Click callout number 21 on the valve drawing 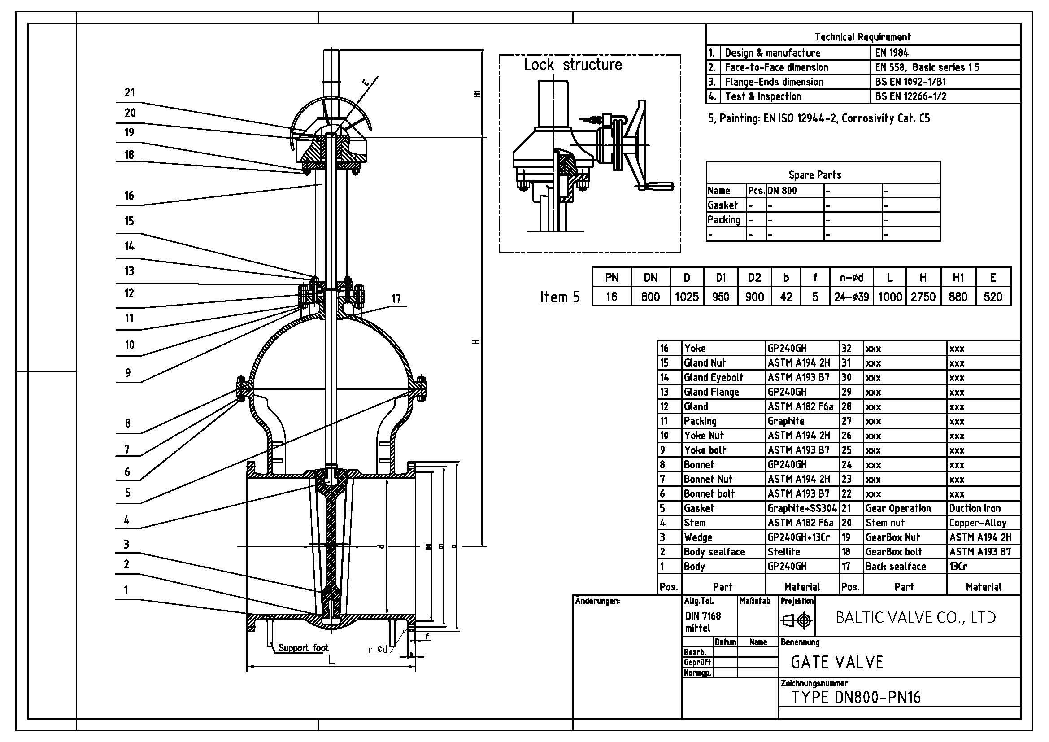click(130, 93)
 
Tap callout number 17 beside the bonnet click(396, 299)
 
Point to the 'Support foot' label click(303, 648)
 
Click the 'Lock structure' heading click(572, 65)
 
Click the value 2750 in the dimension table click(923, 297)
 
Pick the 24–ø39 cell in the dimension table click(851, 297)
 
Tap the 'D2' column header click(754, 278)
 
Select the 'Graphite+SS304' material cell click(802, 508)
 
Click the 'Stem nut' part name click(884, 523)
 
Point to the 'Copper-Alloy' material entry click(977, 523)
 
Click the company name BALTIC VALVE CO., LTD click(916, 618)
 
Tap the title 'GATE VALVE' click(837, 662)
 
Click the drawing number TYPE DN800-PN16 click(856, 697)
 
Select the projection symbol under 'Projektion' click(797, 620)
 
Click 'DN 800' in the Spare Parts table click(782, 191)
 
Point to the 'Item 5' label click(560, 297)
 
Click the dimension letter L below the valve click(331, 660)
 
